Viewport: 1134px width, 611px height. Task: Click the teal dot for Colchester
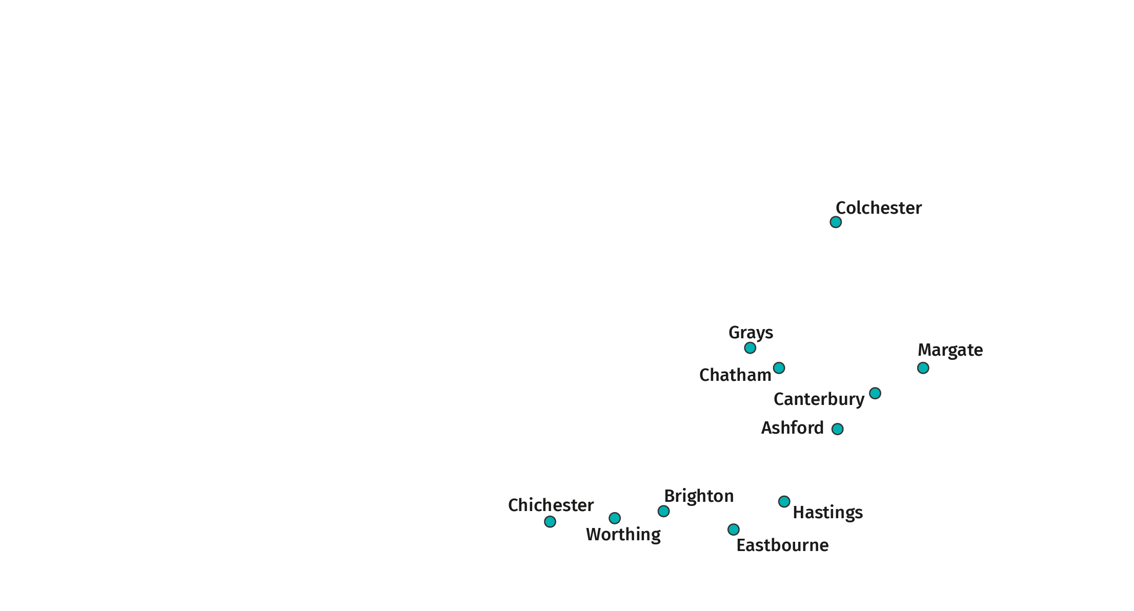click(836, 222)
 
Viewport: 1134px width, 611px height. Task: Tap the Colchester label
click(879, 208)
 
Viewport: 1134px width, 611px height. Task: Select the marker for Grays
click(750, 348)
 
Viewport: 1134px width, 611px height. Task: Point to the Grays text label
click(751, 333)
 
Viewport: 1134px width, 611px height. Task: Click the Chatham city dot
click(779, 368)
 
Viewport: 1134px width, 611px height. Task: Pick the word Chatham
click(735, 375)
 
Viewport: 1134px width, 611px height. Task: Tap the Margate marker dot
click(923, 368)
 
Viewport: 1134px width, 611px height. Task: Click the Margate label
click(950, 350)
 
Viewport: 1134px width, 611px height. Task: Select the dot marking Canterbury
click(875, 393)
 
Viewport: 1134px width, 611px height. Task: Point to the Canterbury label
click(819, 399)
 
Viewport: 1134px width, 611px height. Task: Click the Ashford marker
click(837, 429)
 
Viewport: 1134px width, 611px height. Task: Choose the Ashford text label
click(792, 428)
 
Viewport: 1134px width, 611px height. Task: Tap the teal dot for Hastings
click(784, 501)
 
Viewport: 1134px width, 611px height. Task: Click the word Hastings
click(827, 513)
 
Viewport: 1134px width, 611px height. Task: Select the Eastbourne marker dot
click(734, 529)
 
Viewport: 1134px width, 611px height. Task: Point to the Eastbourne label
click(782, 545)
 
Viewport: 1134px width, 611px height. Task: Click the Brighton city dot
click(663, 511)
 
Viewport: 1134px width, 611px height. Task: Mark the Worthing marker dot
click(615, 518)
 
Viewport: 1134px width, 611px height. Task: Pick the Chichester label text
click(551, 505)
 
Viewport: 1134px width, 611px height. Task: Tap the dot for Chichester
click(550, 521)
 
